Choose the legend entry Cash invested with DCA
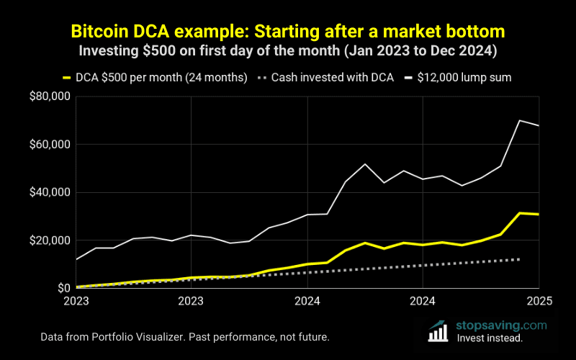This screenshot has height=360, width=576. pos(332,77)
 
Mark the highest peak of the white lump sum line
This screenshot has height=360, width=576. pos(520,120)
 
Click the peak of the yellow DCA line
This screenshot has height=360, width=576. pos(520,213)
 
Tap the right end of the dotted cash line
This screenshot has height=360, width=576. pos(520,259)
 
